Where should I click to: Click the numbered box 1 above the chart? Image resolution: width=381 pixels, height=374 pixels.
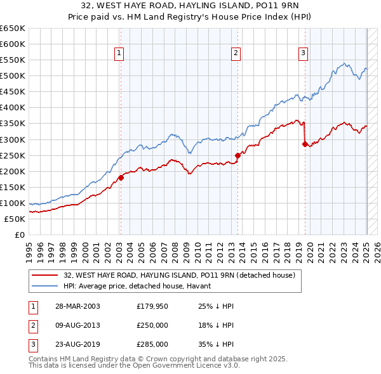pos(119,53)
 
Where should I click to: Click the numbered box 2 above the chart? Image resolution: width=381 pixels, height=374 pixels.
pos(236,53)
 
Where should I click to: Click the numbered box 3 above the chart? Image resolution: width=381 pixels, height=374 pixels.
pos(304,53)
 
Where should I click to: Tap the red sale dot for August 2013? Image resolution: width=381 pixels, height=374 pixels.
pos(237,155)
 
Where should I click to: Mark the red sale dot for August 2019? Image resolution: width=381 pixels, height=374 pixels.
pos(305,144)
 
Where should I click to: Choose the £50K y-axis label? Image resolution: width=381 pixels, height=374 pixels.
pos(15,219)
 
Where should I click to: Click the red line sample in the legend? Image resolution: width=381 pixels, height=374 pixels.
pos(46,276)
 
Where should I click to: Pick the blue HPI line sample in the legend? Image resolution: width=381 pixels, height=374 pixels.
pos(46,286)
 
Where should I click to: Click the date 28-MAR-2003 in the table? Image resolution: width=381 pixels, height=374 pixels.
pos(77,306)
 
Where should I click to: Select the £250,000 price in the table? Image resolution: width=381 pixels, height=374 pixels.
pos(152,325)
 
